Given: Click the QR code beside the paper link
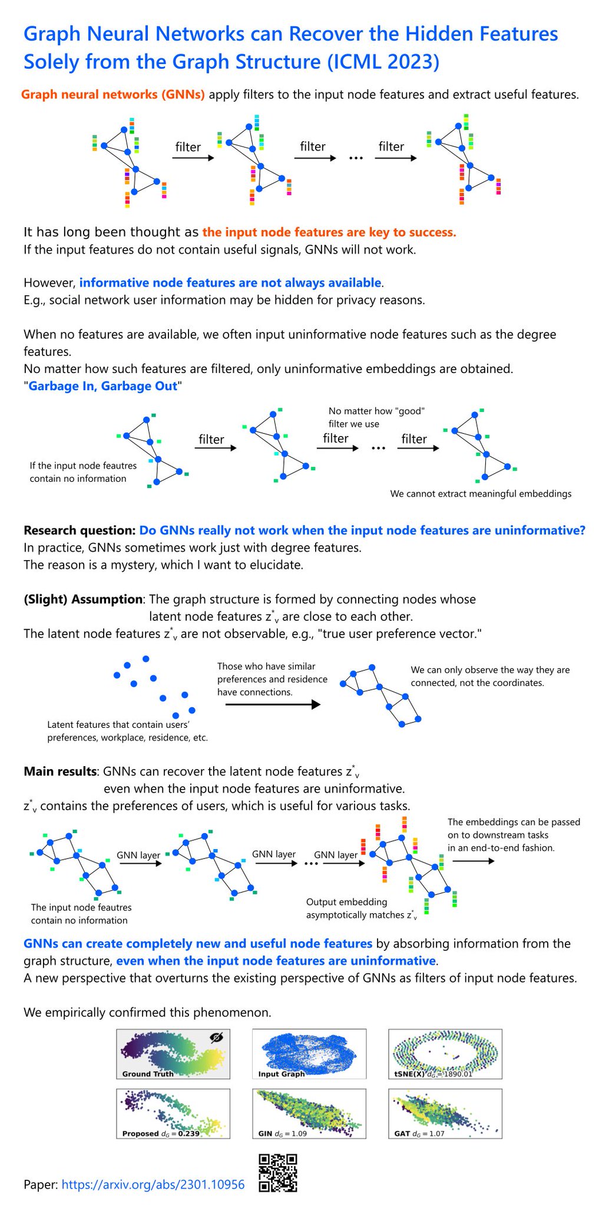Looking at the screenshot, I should (278, 1172).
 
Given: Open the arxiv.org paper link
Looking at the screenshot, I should (153, 1184).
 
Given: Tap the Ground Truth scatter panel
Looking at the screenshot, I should (173, 1054).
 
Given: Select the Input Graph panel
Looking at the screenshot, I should (309, 1054).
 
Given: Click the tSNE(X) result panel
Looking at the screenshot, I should (445, 1054).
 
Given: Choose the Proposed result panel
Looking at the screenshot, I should (173, 1114).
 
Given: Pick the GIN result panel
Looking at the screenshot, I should (309, 1114).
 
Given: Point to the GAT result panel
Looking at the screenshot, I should (445, 1114).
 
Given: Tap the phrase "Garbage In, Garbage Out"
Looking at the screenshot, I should (103, 386).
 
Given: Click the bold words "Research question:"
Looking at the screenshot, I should (80, 530).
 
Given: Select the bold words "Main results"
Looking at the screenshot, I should (60, 771).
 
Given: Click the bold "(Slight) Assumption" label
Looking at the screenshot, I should (83, 599).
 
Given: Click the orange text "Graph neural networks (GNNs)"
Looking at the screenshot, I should (113, 94).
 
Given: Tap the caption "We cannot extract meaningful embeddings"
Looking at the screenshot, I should (481, 494).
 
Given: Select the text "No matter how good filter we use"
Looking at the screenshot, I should (376, 417).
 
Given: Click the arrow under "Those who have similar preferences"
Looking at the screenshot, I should (273, 704).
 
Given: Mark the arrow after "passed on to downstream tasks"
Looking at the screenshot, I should (474, 861).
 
